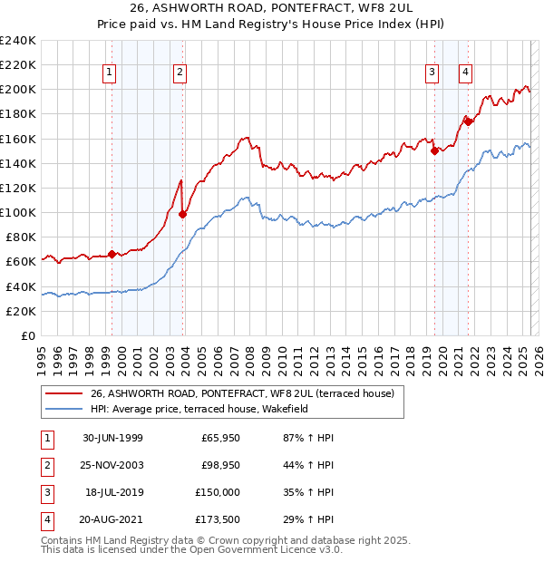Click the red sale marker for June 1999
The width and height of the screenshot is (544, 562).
(x=112, y=255)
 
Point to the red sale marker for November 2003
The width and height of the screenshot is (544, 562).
(x=183, y=214)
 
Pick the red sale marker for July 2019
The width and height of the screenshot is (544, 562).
(x=435, y=151)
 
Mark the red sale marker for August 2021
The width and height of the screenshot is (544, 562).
(x=469, y=121)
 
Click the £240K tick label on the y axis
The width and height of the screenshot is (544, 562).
(x=18, y=41)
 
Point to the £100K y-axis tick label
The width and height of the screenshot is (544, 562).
(x=18, y=212)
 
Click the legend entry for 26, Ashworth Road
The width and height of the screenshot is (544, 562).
(x=242, y=394)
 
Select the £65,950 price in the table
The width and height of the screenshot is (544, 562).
(x=220, y=438)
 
